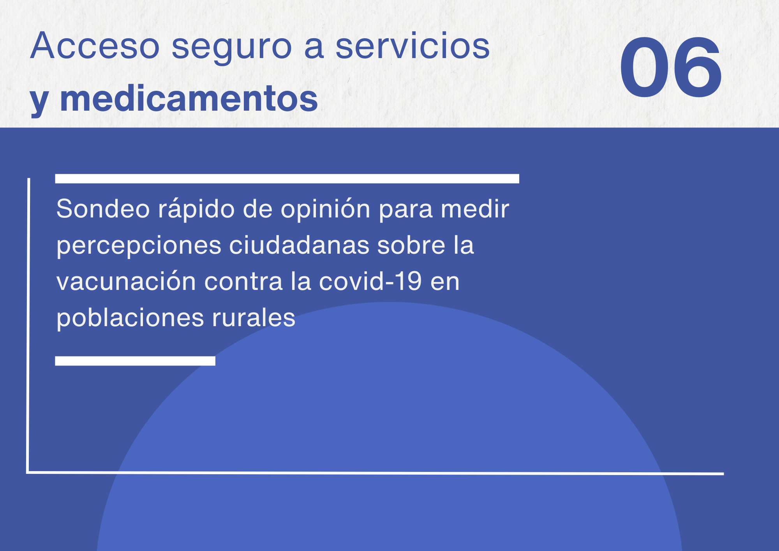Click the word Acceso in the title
click(x=95, y=46)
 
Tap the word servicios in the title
click(x=412, y=46)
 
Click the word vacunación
click(x=126, y=281)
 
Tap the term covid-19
click(x=370, y=281)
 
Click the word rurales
click(x=254, y=317)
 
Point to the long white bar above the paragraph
click(x=287, y=178)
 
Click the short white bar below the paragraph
click(x=135, y=361)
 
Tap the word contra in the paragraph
click(x=243, y=281)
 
